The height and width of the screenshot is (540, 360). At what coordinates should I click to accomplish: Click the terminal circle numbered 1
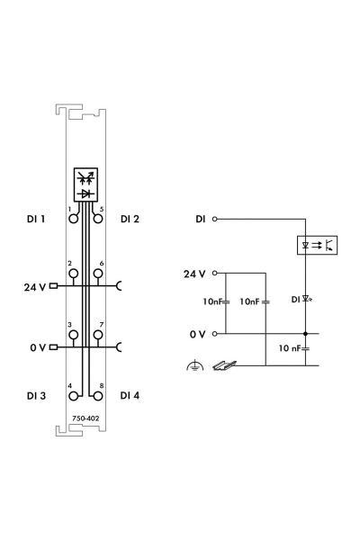tap(74, 219)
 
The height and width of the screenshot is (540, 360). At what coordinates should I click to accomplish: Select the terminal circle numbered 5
tap(98, 219)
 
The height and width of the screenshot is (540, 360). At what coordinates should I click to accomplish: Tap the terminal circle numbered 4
tap(74, 396)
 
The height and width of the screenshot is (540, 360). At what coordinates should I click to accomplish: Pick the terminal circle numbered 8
tap(98, 396)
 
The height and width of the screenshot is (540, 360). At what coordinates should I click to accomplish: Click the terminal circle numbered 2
tap(74, 274)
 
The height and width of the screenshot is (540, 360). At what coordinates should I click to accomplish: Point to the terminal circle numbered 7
tap(98, 335)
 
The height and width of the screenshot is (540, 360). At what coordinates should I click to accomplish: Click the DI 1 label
tap(36, 219)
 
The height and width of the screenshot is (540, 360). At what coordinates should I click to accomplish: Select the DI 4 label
tap(130, 395)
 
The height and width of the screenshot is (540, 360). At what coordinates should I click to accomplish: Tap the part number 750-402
tap(85, 418)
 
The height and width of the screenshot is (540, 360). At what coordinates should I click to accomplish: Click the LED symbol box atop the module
tap(85, 184)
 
